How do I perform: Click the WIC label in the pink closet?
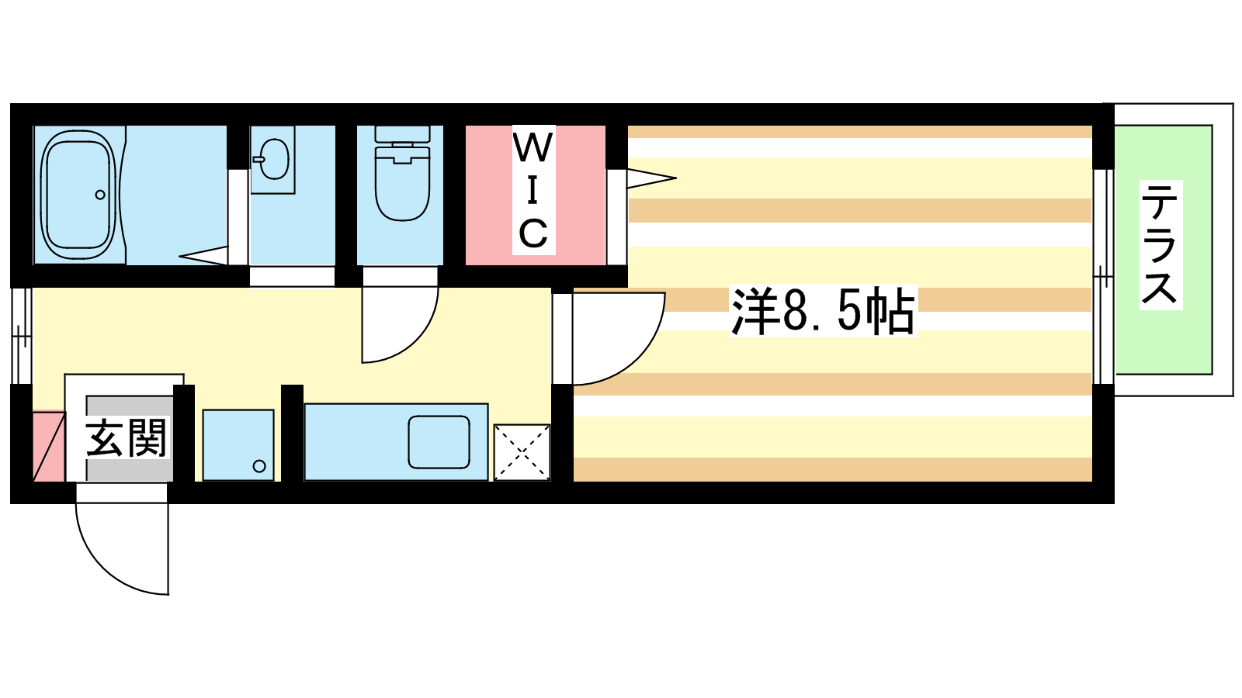tap(533, 190)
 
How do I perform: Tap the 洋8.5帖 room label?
tap(823, 311)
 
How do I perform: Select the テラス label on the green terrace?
tap(1161, 244)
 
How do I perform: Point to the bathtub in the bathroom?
tap(78, 195)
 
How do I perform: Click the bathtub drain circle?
tap(100, 195)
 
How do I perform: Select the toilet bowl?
tap(403, 183)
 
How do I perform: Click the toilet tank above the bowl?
tap(403, 134)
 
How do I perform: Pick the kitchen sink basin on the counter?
tap(439, 441)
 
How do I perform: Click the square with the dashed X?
tap(522, 453)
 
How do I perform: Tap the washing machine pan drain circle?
tap(259, 466)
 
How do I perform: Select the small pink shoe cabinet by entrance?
tap(49, 446)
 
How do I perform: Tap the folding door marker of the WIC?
tap(651, 178)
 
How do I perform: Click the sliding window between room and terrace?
tap(1103, 276)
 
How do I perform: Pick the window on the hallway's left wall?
tap(22, 336)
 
